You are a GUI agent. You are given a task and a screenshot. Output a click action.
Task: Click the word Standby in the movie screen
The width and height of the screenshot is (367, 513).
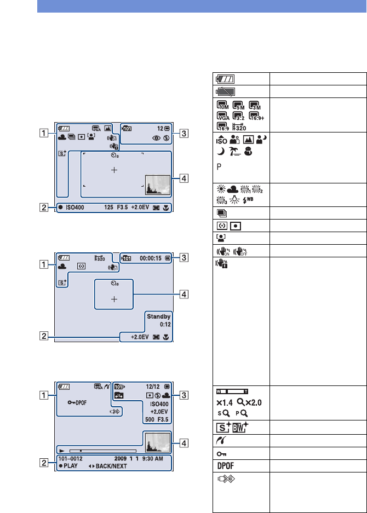[x=158, y=316]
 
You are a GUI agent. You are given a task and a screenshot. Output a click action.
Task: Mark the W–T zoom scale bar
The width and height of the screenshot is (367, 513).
[x=236, y=391]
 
